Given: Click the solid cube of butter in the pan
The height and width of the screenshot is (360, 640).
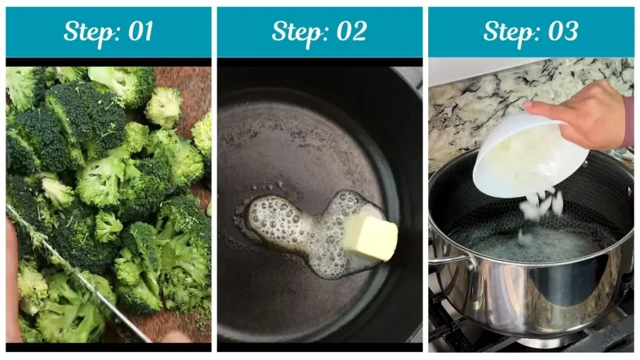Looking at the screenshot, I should click(x=370, y=237).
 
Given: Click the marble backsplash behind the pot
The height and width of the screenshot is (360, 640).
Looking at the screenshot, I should click(x=475, y=106).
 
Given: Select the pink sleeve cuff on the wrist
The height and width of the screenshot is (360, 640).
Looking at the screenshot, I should click(x=628, y=122).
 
